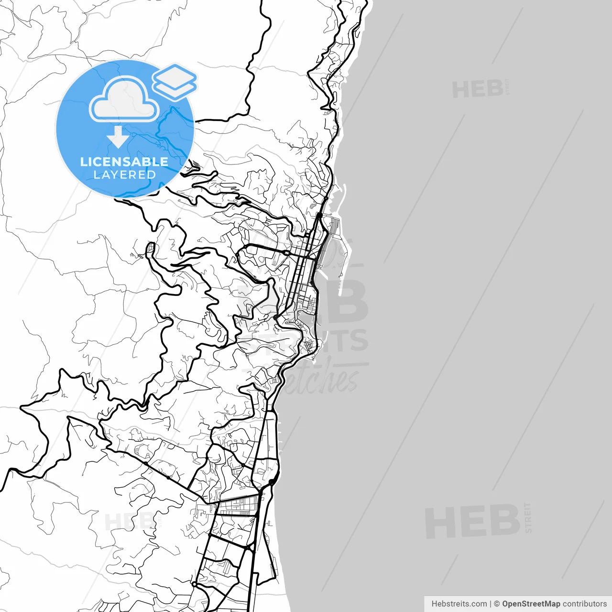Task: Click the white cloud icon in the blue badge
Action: pyautogui.click(x=124, y=100)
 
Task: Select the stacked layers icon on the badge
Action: pyautogui.click(x=175, y=81)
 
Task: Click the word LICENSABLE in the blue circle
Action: pyautogui.click(x=124, y=162)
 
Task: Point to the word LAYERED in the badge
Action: pyautogui.click(x=124, y=175)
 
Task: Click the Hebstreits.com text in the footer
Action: pyautogui.click(x=459, y=604)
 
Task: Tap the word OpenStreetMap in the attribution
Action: pyautogui.click(x=531, y=604)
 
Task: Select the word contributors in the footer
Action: pyautogui.click(x=584, y=604)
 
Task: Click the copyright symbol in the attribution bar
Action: pyautogui.click(x=497, y=604)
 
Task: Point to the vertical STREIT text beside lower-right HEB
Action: pyautogui.click(x=528, y=517)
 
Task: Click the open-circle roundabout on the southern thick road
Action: pyautogui.click(x=195, y=584)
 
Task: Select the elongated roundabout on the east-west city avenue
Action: pyautogui.click(x=286, y=252)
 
